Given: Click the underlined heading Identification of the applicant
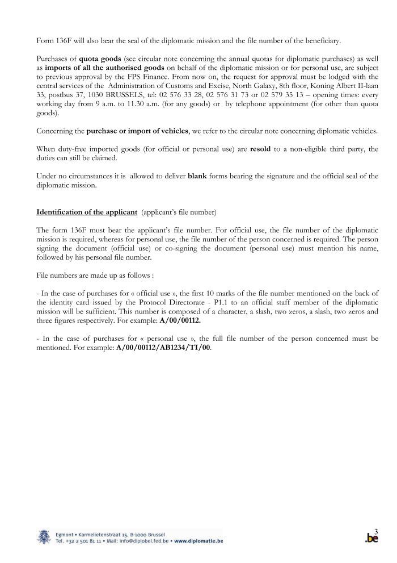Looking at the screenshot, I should tap(87, 212).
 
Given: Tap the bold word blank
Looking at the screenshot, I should tap(197, 176).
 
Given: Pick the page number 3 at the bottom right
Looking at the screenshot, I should tap(376, 531).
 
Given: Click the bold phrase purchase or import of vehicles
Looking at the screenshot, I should tap(137, 131).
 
